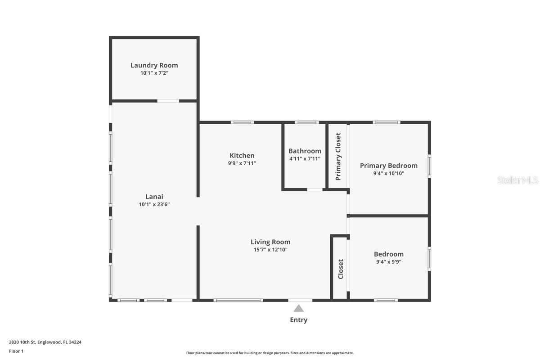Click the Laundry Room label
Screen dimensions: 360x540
154,65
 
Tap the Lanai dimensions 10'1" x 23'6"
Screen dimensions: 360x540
154,204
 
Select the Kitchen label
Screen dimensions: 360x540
242,156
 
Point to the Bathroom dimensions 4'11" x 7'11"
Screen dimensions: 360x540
305,159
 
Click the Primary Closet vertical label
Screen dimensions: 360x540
338,156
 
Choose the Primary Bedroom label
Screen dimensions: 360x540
388,166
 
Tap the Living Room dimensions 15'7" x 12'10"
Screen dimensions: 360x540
270,250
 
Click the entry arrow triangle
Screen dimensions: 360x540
298,309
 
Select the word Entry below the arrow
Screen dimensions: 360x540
298,320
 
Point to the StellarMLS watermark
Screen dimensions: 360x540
517,180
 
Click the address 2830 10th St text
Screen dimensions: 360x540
45,342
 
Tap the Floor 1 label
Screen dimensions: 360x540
16,351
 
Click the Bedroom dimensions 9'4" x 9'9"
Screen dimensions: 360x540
388,261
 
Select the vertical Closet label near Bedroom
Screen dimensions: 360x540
341,269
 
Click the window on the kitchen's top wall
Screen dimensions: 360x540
242,122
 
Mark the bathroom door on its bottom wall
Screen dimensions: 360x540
315,189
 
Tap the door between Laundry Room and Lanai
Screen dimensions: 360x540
168,101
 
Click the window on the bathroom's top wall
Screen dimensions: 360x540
307,122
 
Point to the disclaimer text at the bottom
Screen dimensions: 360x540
270,353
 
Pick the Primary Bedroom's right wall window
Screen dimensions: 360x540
429,166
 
